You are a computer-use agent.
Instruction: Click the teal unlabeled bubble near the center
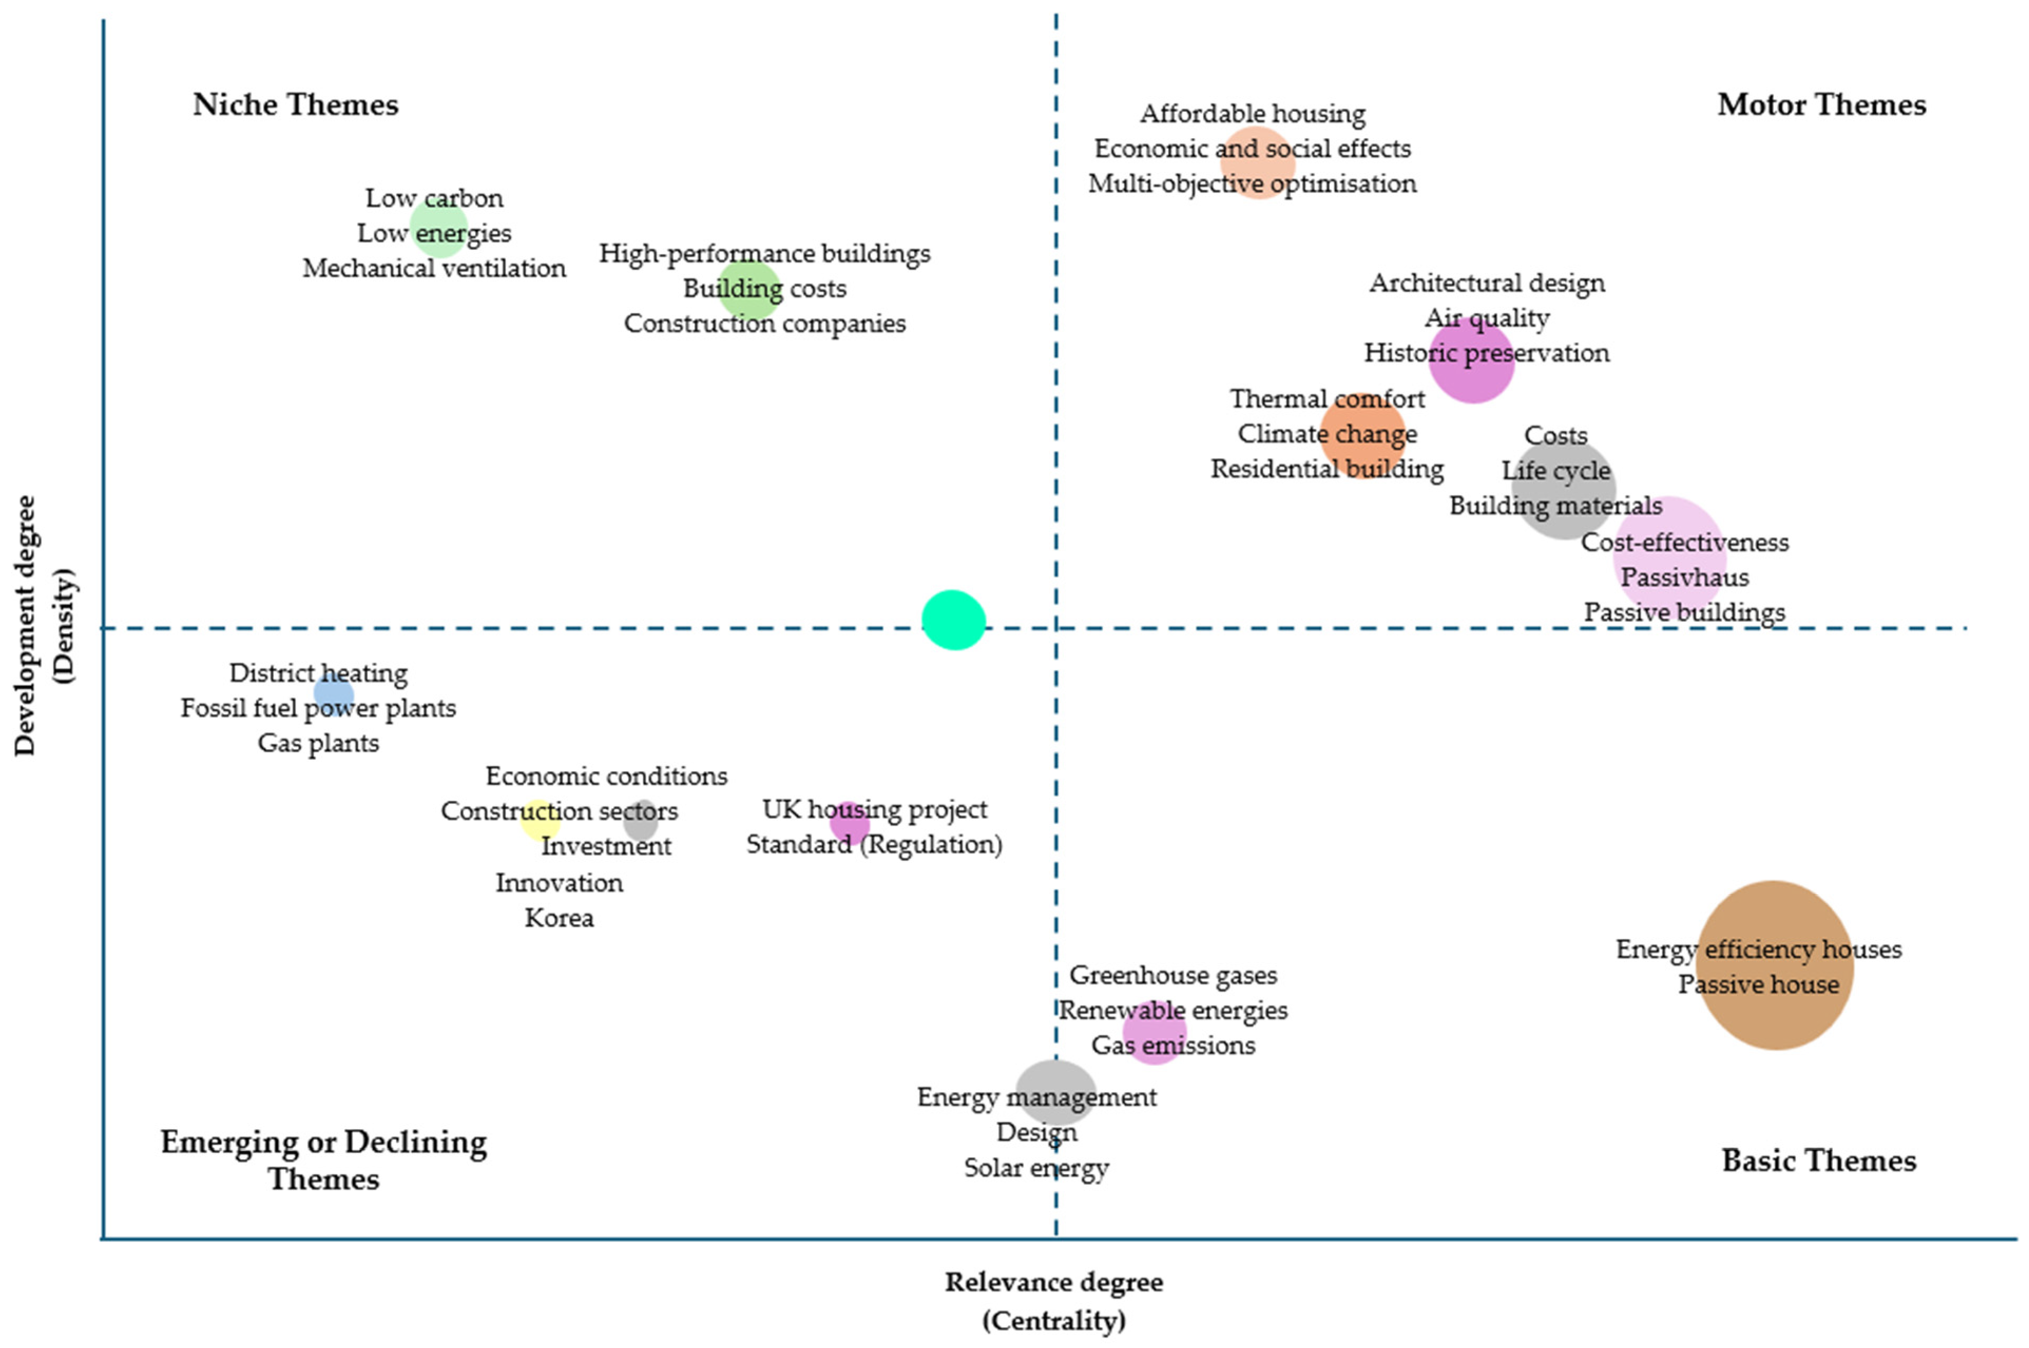coord(953,620)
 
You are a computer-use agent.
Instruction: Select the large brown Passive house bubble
coord(1774,965)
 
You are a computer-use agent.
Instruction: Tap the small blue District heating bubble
coord(334,694)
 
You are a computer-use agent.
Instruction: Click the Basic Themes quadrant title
coord(1819,1160)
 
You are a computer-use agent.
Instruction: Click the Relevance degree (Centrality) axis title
coord(1054,1300)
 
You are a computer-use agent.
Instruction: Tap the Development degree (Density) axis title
coord(45,626)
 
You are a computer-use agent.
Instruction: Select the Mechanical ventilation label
coord(434,268)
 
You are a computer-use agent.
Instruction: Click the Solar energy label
coord(1036,1168)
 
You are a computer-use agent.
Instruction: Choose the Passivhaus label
coord(1684,577)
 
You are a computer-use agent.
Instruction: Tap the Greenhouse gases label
coord(1173,975)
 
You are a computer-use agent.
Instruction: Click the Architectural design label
coord(1486,283)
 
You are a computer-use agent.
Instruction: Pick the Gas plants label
coord(318,743)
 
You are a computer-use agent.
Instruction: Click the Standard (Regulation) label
coord(874,844)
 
